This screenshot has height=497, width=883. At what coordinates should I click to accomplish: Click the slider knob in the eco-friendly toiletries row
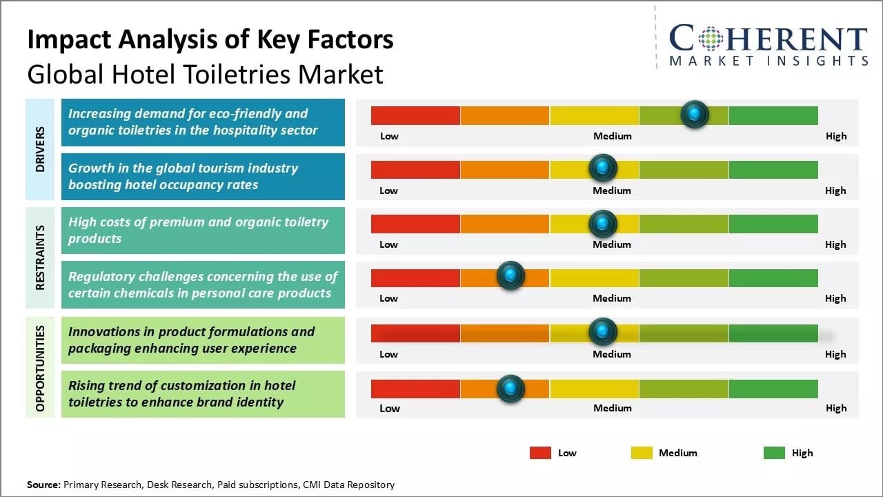tap(695, 115)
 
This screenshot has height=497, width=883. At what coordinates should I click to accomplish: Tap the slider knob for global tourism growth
tap(603, 168)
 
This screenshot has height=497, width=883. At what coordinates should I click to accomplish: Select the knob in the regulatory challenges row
tap(510, 275)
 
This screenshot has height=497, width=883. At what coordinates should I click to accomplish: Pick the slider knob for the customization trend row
tap(510, 389)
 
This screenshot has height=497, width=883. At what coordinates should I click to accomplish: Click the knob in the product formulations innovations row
tap(603, 332)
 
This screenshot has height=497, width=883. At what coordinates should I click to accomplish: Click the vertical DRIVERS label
tap(40, 149)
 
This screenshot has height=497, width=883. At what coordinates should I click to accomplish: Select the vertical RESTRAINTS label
tap(40, 257)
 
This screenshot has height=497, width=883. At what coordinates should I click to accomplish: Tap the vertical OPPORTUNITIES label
tap(40, 368)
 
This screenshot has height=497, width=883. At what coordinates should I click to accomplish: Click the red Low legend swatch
tap(540, 453)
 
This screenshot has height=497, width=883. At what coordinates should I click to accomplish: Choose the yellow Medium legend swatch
tap(642, 453)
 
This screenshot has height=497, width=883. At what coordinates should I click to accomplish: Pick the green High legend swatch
tap(774, 453)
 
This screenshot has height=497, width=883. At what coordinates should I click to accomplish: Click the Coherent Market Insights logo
tap(768, 46)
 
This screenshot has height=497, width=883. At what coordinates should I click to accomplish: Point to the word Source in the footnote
tap(43, 485)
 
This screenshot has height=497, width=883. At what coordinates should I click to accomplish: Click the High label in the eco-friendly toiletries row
tap(836, 136)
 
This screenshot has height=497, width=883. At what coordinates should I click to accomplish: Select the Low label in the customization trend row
tap(389, 408)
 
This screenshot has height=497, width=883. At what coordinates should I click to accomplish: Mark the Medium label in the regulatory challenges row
tap(612, 298)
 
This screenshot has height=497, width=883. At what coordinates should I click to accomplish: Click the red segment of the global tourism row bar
tap(415, 169)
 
